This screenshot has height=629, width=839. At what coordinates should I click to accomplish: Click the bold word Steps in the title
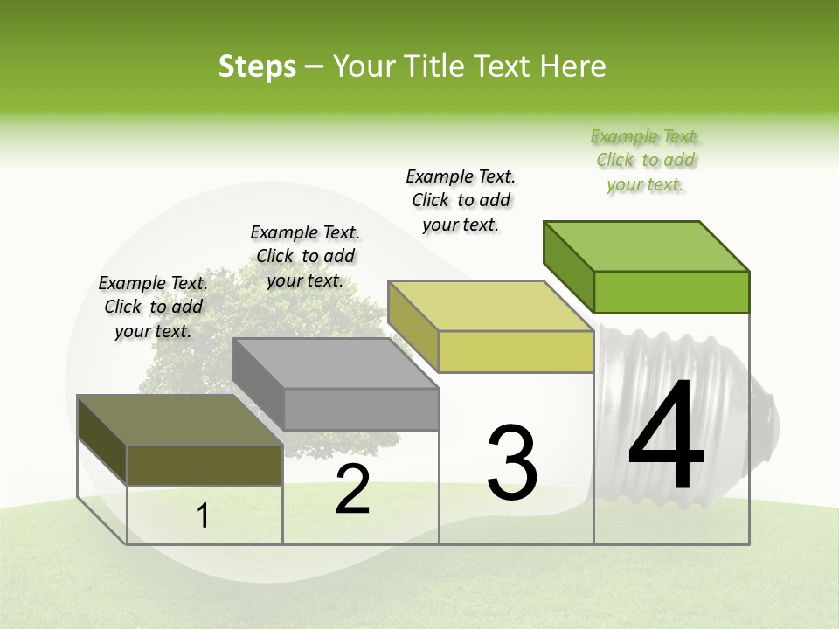[x=257, y=66]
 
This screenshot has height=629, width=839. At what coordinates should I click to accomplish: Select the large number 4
[x=666, y=436]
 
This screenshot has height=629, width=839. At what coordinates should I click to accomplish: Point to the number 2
[x=352, y=489]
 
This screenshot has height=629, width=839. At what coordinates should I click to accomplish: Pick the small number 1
[x=203, y=516]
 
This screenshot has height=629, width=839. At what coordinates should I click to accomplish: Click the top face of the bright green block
[x=647, y=245]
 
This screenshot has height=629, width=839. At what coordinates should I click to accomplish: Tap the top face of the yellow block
[x=490, y=306]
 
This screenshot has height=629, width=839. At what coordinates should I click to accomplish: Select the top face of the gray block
[x=336, y=363]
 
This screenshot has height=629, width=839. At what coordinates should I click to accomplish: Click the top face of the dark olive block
[x=180, y=420]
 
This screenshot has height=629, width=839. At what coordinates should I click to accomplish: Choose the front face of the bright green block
[x=671, y=292]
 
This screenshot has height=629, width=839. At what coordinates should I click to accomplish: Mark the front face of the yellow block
[x=516, y=351]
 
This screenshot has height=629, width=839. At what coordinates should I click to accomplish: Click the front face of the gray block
[x=361, y=409]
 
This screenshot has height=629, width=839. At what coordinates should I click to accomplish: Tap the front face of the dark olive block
[x=205, y=465]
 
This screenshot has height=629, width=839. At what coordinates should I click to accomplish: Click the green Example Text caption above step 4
[x=646, y=161]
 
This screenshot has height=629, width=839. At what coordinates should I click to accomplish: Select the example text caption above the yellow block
[x=461, y=200]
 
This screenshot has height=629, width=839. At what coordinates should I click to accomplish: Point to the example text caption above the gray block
[x=305, y=256]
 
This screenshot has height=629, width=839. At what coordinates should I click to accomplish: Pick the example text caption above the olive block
[x=153, y=307]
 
